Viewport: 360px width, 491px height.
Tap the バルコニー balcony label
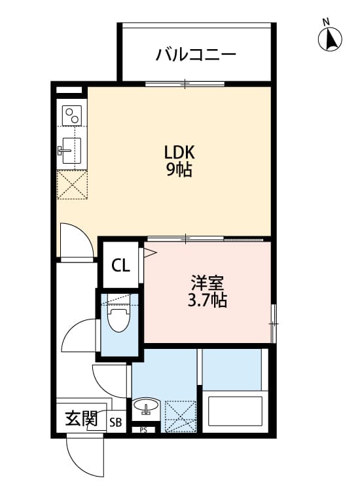pyautogui.click(x=195, y=54)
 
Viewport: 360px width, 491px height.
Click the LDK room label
pyautogui.click(x=179, y=153)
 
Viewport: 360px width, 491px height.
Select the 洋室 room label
pyautogui.click(x=208, y=283)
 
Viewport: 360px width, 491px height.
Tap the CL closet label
pyautogui.click(x=120, y=266)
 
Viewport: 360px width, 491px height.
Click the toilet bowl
pyautogui.click(x=118, y=320)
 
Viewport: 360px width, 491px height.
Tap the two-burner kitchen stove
pyautogui.click(x=71, y=115)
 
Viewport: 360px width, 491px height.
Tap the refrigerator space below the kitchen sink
pyautogui.click(x=71, y=185)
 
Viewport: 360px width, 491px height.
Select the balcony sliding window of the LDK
pyautogui.click(x=185, y=84)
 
